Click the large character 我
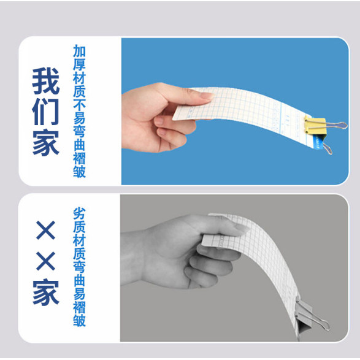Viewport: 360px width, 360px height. coord(46,81)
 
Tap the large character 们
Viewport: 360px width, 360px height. coord(46,112)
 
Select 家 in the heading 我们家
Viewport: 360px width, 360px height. coord(46,142)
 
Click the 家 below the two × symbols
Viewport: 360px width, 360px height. coord(46,291)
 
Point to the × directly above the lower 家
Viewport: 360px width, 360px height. coord(45,261)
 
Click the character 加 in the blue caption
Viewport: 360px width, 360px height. coord(79,51)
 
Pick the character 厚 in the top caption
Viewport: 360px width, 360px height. coord(79,64)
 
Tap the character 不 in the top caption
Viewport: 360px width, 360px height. coord(79,104)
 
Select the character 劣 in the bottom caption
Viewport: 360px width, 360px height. coord(79,213)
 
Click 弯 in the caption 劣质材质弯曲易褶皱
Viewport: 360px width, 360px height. coord(79,267)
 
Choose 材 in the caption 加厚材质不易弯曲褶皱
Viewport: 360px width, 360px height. coord(79,78)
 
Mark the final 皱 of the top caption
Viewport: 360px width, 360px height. coord(79,171)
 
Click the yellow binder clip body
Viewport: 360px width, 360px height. coord(315,125)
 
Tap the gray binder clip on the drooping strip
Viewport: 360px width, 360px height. coord(304,317)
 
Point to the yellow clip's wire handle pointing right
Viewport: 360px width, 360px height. coord(336,125)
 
